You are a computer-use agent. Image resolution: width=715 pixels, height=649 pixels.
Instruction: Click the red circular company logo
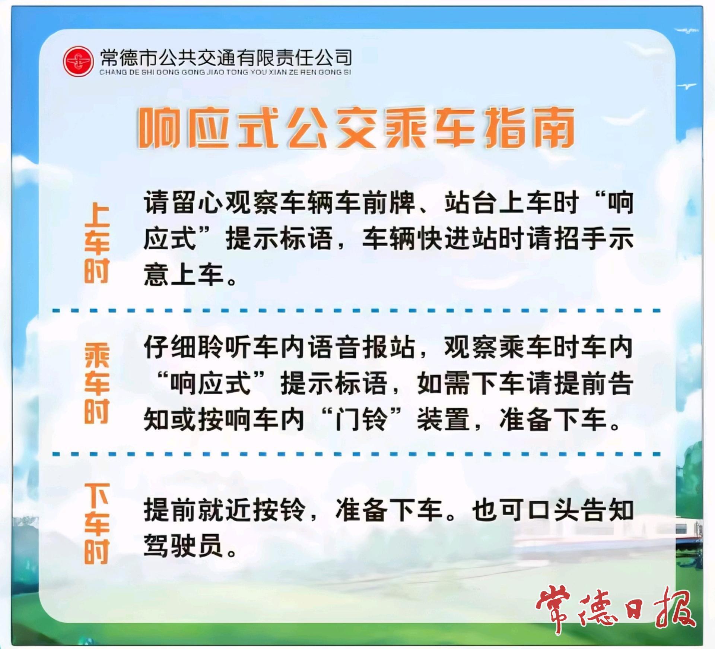[x=78, y=61]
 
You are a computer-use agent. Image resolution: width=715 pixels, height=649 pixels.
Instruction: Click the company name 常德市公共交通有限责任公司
[x=226, y=57]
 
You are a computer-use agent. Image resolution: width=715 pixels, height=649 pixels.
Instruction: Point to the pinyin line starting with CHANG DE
[x=225, y=72]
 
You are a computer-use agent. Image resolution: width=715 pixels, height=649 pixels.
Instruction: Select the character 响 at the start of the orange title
[x=159, y=128]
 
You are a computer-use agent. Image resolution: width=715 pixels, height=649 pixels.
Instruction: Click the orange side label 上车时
[x=97, y=243]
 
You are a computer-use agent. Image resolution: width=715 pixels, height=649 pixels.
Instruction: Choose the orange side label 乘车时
[x=97, y=383]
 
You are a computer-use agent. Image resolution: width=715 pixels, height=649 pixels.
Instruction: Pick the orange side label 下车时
[x=97, y=524]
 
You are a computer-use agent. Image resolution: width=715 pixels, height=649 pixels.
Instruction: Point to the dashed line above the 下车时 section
[x=356, y=454]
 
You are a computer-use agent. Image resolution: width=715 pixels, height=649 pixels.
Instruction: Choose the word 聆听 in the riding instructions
[x=225, y=347]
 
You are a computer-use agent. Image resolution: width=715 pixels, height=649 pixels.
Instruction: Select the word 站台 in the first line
[x=471, y=203]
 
